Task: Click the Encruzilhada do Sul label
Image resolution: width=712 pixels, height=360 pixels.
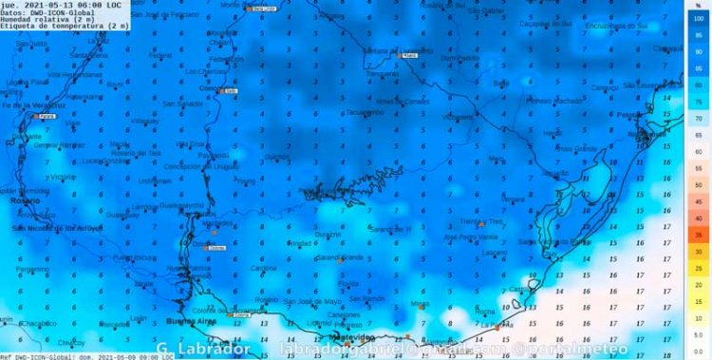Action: click(x=618, y=25)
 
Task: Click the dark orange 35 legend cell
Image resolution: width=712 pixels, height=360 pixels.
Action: click(x=698, y=234)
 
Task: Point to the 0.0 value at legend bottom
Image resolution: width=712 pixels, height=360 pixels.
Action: click(x=698, y=351)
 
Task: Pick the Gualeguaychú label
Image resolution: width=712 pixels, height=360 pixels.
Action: click(x=181, y=205)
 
